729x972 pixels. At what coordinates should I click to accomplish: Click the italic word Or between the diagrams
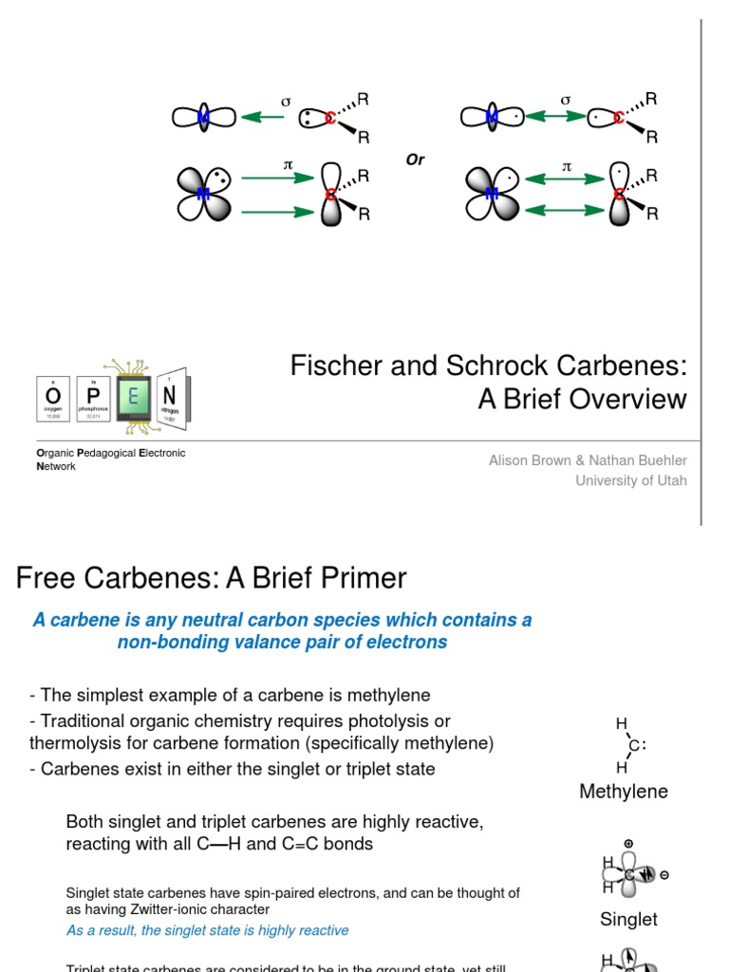(x=415, y=160)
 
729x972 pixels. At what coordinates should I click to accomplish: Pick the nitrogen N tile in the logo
(x=170, y=396)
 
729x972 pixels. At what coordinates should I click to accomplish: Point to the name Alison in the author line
(x=509, y=460)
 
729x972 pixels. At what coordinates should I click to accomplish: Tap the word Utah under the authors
(x=671, y=480)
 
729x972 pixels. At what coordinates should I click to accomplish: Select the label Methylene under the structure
(x=624, y=792)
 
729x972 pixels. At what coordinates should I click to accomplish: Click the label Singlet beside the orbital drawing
(x=628, y=919)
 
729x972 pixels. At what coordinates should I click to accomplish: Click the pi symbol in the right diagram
(x=568, y=166)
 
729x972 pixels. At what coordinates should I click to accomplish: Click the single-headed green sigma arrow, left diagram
(x=263, y=118)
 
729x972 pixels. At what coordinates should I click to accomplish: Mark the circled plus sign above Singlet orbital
(x=628, y=843)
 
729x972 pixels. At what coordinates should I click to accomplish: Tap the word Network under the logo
(x=56, y=467)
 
